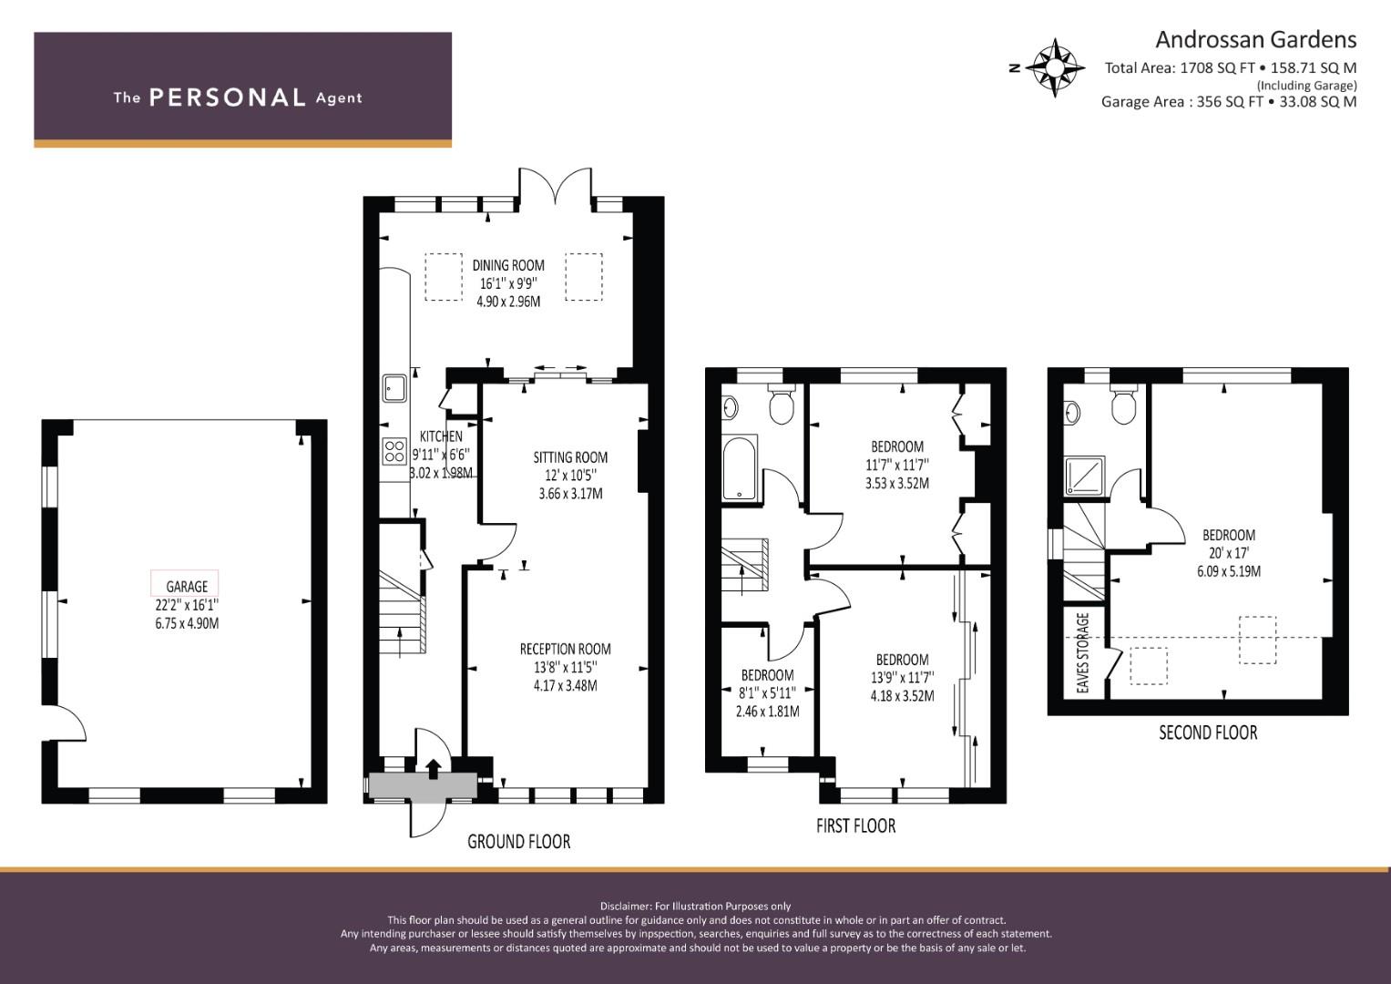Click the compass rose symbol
[1055, 67]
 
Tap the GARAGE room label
[187, 586]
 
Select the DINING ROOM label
[508, 265]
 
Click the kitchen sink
[394, 388]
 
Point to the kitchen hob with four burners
[394, 451]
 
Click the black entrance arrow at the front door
[433, 769]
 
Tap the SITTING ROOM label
[570, 457]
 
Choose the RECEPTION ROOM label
[565, 649]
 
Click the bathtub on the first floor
[740, 467]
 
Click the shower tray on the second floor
[1085, 476]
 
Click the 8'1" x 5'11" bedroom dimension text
[768, 692]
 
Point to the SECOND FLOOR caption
[1208, 733]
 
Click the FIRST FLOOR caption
[855, 825]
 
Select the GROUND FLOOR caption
[518, 841]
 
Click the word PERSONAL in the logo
[228, 97]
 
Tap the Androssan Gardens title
[1255, 40]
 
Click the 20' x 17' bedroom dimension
[1229, 553]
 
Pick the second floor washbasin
[1072, 412]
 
